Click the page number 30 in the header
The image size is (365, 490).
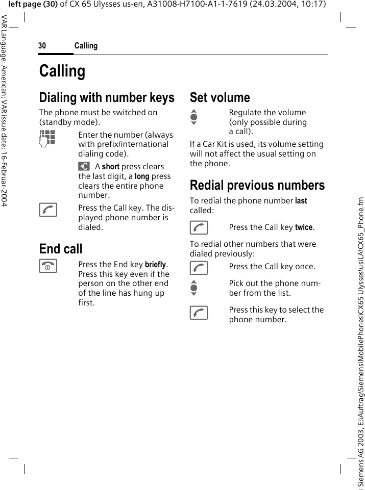[x=42, y=46]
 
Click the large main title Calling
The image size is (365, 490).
[x=62, y=71]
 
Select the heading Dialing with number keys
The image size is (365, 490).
[x=107, y=97]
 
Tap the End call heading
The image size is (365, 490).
[x=61, y=249]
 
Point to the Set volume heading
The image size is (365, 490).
[x=220, y=97]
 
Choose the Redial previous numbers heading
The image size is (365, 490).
[x=257, y=185]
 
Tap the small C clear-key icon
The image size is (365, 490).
[x=84, y=166]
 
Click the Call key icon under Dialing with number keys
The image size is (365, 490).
[x=47, y=210]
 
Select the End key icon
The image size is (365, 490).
[x=47, y=266]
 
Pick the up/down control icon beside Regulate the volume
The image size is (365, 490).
[x=193, y=117]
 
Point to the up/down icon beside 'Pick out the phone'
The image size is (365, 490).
[x=193, y=288]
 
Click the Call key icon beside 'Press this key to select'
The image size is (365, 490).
[x=199, y=312]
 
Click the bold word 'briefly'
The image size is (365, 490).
[x=156, y=264]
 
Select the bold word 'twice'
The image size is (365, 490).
[x=304, y=227]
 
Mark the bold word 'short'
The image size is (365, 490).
[x=111, y=167]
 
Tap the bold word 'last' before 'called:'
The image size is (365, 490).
[x=301, y=201]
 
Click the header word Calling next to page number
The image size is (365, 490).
[x=86, y=46]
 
